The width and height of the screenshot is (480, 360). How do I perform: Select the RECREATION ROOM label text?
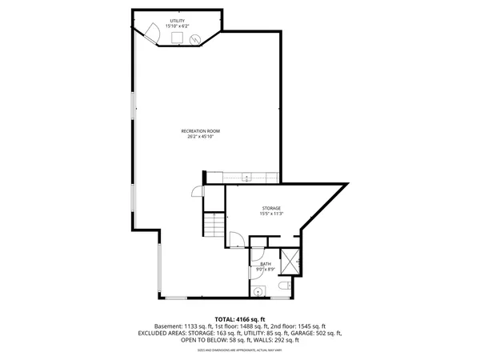pyautogui.click(x=201, y=131)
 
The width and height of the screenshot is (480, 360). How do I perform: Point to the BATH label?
pyautogui.click(x=265, y=263)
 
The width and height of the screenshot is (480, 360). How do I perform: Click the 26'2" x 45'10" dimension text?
pyautogui.click(x=201, y=137)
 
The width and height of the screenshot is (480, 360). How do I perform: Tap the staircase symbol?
pyautogui.click(x=214, y=224)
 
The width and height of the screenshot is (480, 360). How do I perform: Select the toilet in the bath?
pyautogui.click(x=282, y=286)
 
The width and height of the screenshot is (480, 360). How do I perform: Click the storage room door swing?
pyautogui.click(x=236, y=238)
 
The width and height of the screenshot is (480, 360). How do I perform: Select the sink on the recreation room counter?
pyautogui.click(x=247, y=178)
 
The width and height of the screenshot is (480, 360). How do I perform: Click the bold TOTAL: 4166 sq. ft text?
pyautogui.click(x=239, y=319)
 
